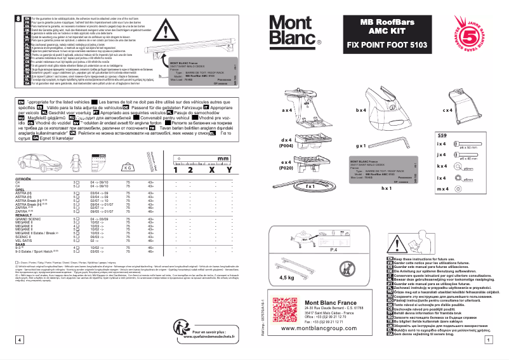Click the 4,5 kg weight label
[288, 277]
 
